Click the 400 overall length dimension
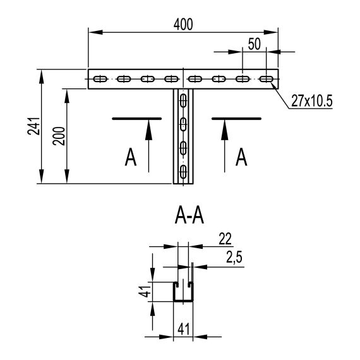pos(183,24)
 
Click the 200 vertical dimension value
pos(59,136)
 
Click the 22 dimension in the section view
pos(225,239)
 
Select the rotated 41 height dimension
pos(145,292)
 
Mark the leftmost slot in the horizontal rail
pos(100,80)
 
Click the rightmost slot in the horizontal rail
pos(267,80)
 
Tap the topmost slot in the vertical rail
pos(183,100)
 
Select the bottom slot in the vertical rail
pos(183,172)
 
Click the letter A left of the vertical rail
pos(131,157)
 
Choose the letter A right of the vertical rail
pos(241,156)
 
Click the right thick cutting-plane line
pos(236,117)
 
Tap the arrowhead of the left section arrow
pos(149,126)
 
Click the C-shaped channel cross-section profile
pos(183,292)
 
